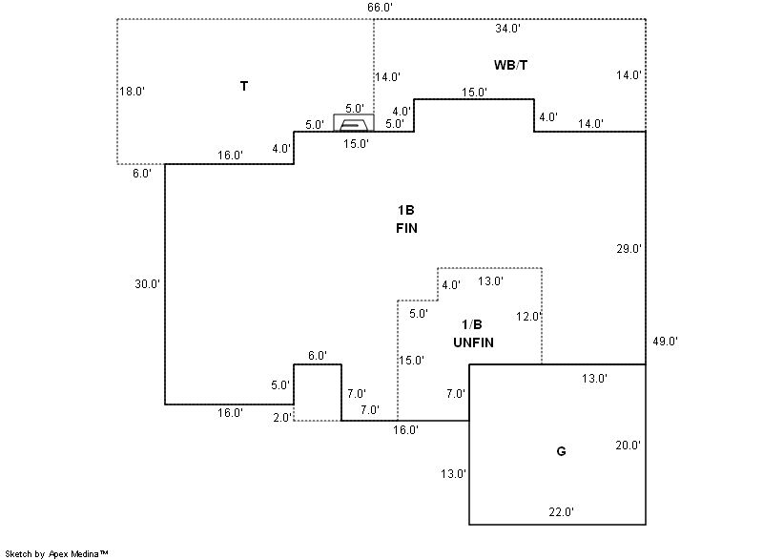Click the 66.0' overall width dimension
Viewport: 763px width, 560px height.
tap(380, 8)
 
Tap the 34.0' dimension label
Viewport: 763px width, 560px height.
tap(507, 29)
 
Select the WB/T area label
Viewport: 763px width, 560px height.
tap(511, 64)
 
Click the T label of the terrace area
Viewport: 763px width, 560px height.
tap(244, 87)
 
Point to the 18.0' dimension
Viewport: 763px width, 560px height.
tap(131, 92)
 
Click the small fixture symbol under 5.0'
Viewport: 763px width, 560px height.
tap(353, 123)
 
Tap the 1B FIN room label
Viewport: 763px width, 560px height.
tap(406, 219)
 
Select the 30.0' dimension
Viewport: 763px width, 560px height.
tap(147, 283)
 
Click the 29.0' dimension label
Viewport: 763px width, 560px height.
tap(629, 249)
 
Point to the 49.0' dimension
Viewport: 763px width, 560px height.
tap(664, 341)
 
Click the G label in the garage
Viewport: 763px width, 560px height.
tap(561, 451)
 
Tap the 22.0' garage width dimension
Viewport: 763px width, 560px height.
tap(561, 512)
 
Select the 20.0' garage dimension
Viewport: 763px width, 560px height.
tap(628, 446)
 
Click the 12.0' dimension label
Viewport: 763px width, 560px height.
tap(528, 317)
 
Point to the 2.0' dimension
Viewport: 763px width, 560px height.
tap(283, 417)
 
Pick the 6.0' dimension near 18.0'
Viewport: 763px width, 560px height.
tap(141, 174)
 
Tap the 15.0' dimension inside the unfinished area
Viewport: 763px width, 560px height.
tap(412, 361)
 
